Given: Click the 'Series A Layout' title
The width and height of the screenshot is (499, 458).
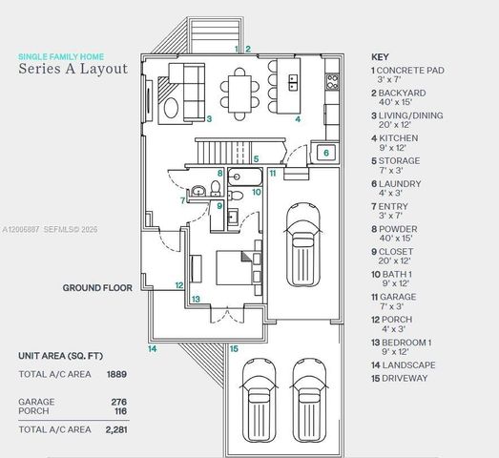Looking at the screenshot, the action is [73, 69].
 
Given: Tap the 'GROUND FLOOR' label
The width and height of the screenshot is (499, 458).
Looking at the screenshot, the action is [97, 288].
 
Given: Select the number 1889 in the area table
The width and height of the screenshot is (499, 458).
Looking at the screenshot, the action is [116, 374].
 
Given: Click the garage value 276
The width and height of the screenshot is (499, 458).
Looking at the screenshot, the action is [119, 402].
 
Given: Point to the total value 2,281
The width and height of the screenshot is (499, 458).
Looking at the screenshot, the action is [116, 429].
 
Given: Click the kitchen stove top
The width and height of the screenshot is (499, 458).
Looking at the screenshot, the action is [332, 81].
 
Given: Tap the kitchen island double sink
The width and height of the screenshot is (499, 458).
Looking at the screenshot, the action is [293, 82].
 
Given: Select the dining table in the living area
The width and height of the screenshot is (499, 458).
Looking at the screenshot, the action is [239, 94].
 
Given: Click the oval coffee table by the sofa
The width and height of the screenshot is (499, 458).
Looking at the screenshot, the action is [171, 108].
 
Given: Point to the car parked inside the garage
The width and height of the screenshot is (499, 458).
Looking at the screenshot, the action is [302, 244].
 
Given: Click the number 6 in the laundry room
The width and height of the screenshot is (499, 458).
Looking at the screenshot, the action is [326, 153].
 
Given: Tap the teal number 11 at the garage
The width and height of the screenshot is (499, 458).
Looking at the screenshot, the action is [273, 174].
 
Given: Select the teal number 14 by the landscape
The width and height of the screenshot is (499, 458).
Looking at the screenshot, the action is [152, 349].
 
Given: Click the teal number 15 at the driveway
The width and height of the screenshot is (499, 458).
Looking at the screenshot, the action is [234, 349].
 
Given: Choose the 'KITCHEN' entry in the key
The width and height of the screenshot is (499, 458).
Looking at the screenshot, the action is [399, 138].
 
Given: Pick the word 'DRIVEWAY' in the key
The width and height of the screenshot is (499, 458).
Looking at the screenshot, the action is [405, 379].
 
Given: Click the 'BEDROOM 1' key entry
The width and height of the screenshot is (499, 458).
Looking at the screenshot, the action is [406, 343].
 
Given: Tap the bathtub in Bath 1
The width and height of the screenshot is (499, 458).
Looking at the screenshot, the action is [245, 177].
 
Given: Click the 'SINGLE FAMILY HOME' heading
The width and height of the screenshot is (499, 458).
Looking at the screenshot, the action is [61, 56].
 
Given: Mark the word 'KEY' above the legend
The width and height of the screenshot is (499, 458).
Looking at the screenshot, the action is [380, 57].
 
